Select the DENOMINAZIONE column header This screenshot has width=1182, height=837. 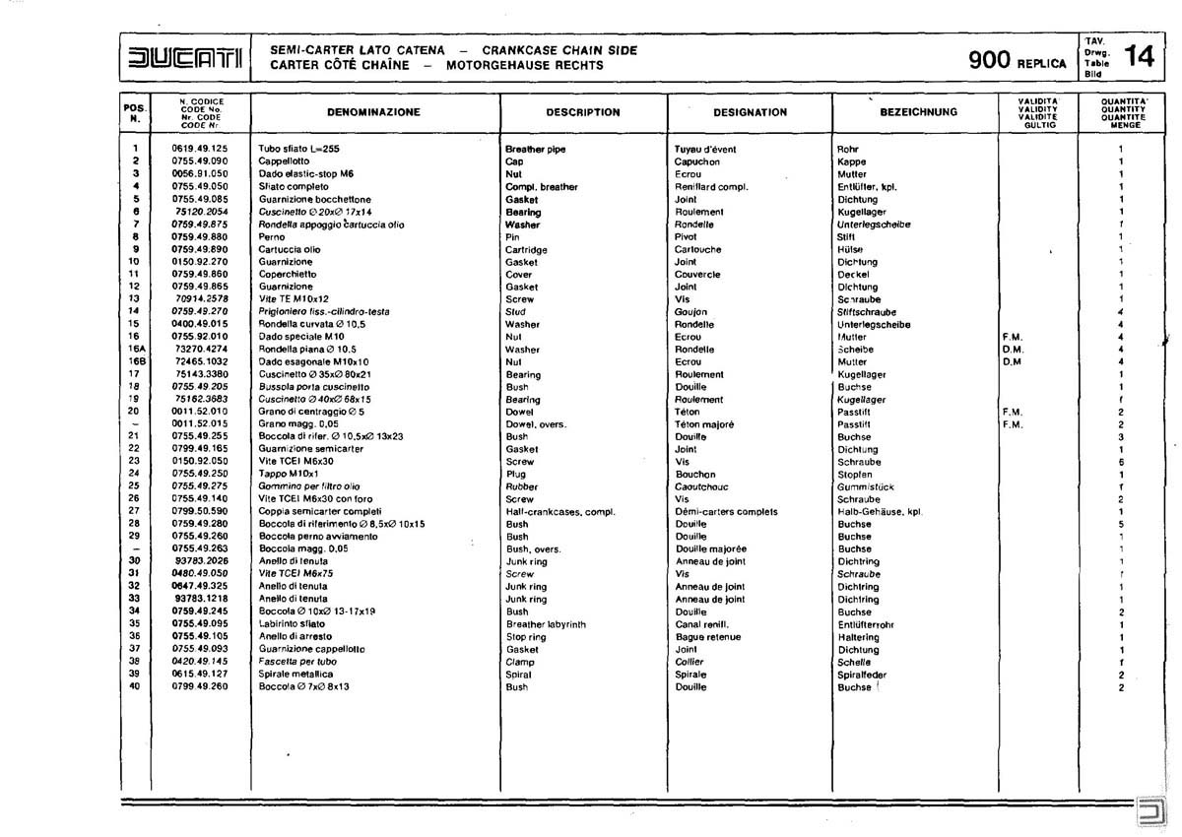coord(373,112)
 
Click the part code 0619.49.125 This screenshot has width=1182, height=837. coord(200,149)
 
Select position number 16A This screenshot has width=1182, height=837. coord(135,350)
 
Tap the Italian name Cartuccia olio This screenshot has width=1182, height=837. coord(290,250)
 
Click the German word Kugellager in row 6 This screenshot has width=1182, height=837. coord(862,212)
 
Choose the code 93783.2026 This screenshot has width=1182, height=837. coord(202,561)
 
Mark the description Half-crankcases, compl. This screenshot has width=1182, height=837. coord(559,511)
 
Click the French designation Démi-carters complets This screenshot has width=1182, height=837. coord(726,511)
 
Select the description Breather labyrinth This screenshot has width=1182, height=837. coord(545,624)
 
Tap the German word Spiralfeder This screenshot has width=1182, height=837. coord(858,675)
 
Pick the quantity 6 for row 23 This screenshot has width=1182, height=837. coord(1121,461)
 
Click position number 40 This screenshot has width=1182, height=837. coord(135,686)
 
